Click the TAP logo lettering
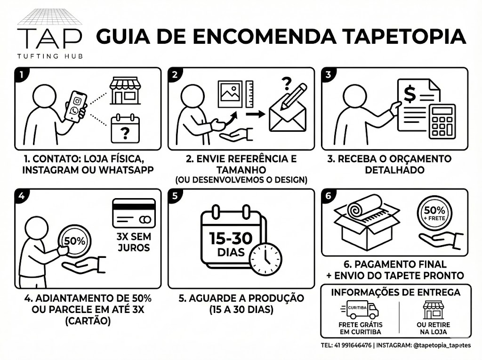pyautogui.click(x=49, y=39)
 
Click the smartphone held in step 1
pyautogui.click(x=76, y=107)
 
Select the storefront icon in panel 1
pyautogui.click(x=125, y=91)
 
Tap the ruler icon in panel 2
pyautogui.click(x=249, y=94)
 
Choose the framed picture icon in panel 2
pyautogui.click(x=230, y=94)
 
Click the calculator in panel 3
pyautogui.click(x=442, y=121)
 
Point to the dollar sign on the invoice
pyautogui.click(x=410, y=94)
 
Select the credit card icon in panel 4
pyautogui.click(x=134, y=213)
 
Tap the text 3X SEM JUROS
pyautogui.click(x=134, y=242)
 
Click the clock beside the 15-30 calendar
pyautogui.click(x=265, y=259)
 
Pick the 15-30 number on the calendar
pyautogui.click(x=231, y=238)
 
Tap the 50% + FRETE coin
pyautogui.click(x=434, y=213)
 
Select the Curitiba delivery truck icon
pyautogui.click(x=360, y=310)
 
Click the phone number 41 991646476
pyautogui.click(x=353, y=345)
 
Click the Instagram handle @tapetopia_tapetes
pyautogui.click(x=442, y=345)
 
